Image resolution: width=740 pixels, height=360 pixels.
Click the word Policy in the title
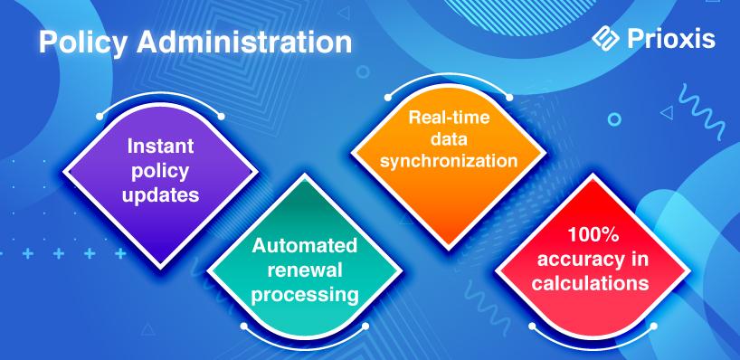82,43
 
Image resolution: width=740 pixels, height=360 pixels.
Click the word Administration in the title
244,42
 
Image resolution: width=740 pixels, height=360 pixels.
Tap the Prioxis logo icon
605,39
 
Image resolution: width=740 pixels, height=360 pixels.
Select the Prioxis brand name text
671,39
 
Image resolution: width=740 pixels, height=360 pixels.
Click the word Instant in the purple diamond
160,147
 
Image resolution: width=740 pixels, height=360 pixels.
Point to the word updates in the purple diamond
160,194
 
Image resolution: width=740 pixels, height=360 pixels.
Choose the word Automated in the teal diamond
304,246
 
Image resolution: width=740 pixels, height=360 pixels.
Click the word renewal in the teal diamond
304,270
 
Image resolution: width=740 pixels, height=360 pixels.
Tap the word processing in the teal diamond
304,296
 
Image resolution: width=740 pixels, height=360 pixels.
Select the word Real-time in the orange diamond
449,117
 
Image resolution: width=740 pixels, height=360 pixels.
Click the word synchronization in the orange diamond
449,161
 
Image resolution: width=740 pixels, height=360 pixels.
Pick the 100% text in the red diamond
593,235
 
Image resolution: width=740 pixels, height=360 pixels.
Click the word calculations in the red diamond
590,283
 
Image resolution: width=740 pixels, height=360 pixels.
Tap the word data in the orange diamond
449,139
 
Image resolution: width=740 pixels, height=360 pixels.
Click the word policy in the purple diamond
160,171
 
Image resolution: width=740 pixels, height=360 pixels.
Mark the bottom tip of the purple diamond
160,268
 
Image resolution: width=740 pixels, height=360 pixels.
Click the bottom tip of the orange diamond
449,249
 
